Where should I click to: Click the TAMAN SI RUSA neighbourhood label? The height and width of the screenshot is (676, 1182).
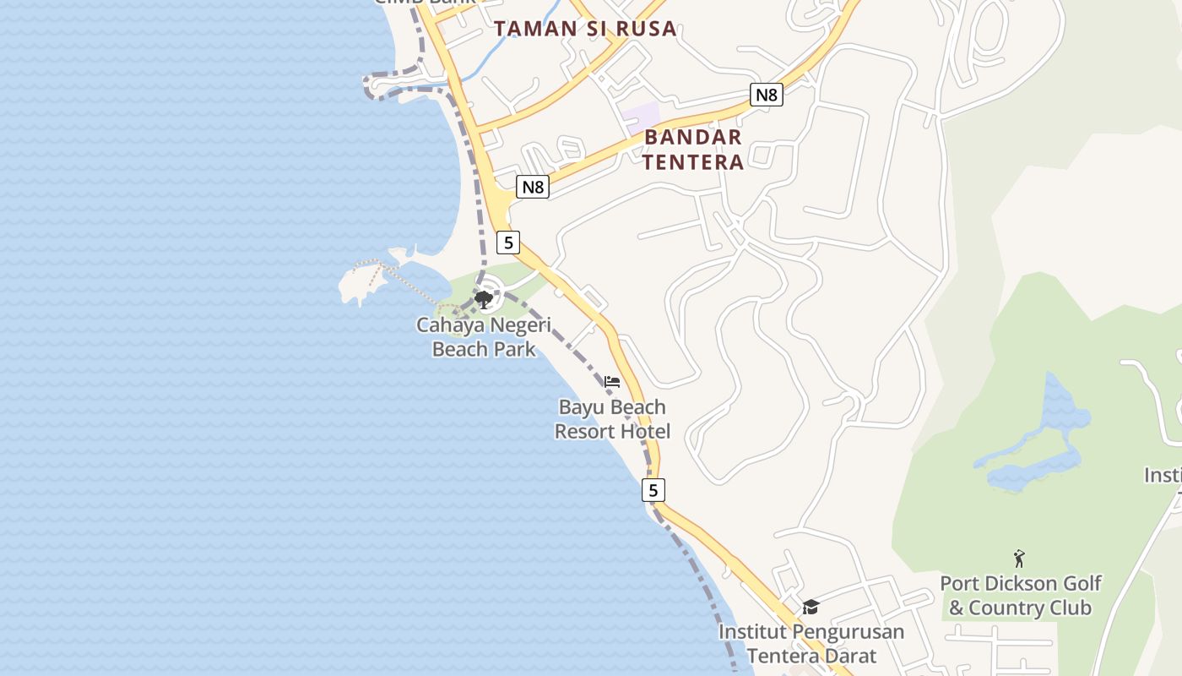(586, 28)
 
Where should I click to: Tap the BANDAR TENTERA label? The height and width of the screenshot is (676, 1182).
(693, 149)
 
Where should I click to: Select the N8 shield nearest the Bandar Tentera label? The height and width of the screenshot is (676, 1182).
(766, 95)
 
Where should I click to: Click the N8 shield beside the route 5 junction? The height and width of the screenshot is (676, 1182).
(533, 187)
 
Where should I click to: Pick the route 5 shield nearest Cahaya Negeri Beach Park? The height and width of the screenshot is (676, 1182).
(507, 243)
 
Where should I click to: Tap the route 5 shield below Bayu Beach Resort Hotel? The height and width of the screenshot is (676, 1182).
(653, 489)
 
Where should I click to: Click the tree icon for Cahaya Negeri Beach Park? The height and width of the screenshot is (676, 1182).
(484, 299)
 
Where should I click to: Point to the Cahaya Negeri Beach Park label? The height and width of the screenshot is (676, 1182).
(484, 336)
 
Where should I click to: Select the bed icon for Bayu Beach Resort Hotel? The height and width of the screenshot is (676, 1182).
(612, 382)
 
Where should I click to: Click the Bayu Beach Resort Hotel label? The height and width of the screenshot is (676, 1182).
(612, 419)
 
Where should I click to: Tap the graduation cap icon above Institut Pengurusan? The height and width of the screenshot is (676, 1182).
(811, 607)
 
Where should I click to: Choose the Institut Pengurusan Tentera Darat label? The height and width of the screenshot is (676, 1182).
(811, 643)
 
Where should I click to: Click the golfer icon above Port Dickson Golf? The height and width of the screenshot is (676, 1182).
(1019, 559)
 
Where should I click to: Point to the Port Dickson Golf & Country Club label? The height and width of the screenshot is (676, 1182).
(1020, 595)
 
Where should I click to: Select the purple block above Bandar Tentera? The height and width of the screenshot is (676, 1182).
(641, 117)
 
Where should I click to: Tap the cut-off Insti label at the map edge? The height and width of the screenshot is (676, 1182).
(1163, 475)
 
